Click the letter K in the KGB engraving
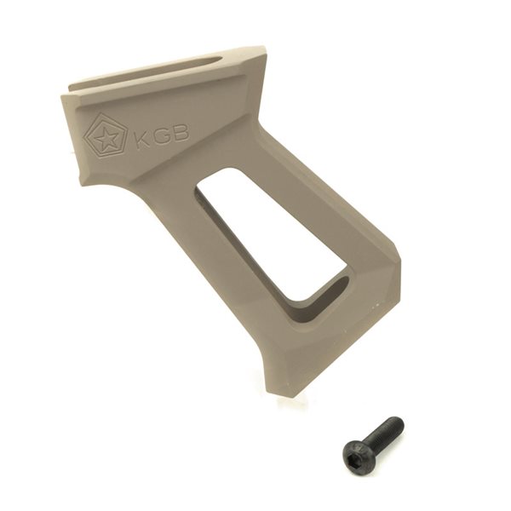(x=143, y=140)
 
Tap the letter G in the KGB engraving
(x=160, y=135)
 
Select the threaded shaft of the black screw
(x=385, y=429)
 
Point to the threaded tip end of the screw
(x=399, y=421)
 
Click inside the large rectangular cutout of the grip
(x=271, y=235)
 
